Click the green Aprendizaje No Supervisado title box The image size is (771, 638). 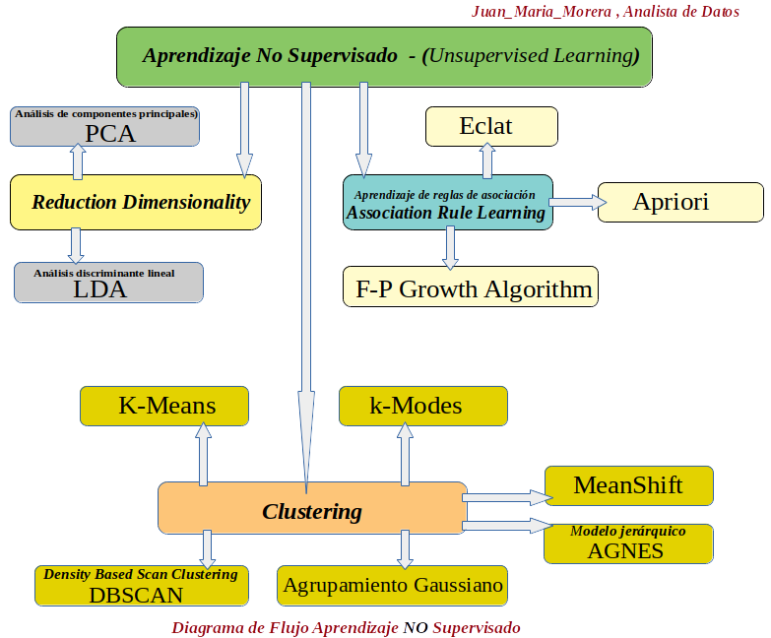tap(384, 55)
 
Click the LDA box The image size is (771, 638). tap(108, 283)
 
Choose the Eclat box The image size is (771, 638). tap(490, 126)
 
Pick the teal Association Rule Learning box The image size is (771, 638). tap(447, 203)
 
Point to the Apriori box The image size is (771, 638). tap(680, 202)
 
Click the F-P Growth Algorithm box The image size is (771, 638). tap(470, 287)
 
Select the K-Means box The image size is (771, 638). tap(163, 406)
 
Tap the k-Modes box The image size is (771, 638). tap(422, 406)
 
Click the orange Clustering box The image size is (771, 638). tap(312, 509)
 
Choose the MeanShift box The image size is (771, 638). tap(627, 485)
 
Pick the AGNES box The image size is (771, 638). tap(628, 543)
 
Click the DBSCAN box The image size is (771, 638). tap(141, 586)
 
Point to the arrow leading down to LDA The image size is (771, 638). tap(76, 246)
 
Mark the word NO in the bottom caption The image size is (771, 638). tap(415, 627)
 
